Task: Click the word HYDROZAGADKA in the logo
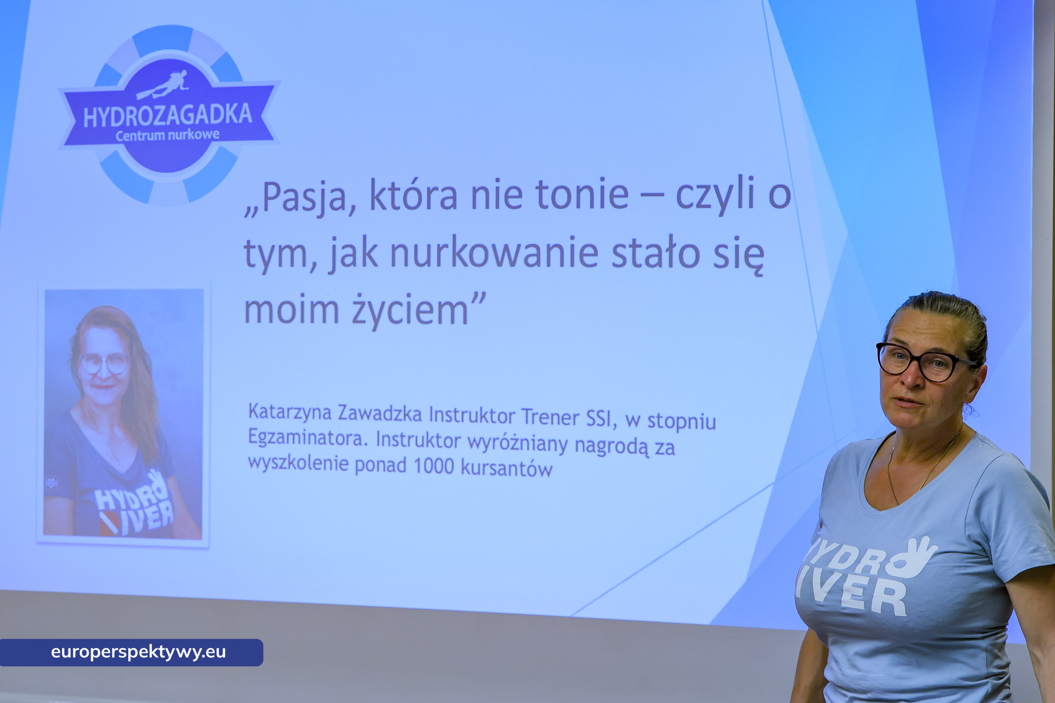[167, 115]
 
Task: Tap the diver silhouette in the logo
[164, 85]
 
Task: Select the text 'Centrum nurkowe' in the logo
[167, 135]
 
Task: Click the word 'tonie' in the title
[582, 195]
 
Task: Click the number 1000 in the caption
[434, 466]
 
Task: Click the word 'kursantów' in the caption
[507, 468]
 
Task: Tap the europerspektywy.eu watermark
[138, 652]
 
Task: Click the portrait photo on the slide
[123, 415]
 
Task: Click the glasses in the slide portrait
[104, 364]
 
